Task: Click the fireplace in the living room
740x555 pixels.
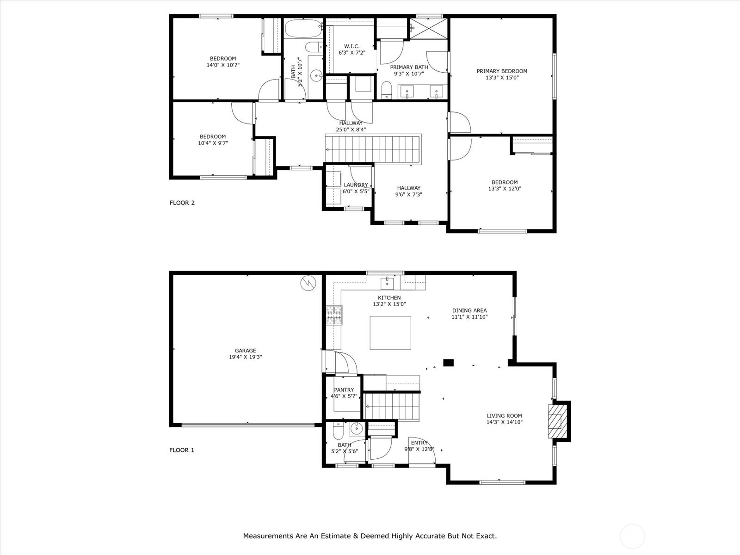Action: pyautogui.click(x=557, y=421)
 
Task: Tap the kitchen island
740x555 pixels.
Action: pyautogui.click(x=390, y=333)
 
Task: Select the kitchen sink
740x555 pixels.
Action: pyautogui.click(x=388, y=284)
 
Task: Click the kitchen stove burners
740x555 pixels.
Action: pyautogui.click(x=334, y=315)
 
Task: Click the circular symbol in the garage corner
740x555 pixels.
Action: pyautogui.click(x=308, y=283)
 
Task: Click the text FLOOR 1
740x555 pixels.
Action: pyautogui.click(x=182, y=450)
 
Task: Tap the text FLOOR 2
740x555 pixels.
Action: pyautogui.click(x=182, y=203)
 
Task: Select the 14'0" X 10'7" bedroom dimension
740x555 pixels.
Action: pyautogui.click(x=223, y=65)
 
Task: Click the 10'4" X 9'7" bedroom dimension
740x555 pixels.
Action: pyautogui.click(x=213, y=143)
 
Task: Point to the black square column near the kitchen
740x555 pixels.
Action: pyautogui.click(x=448, y=363)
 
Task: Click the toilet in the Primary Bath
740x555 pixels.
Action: pyautogui.click(x=387, y=90)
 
